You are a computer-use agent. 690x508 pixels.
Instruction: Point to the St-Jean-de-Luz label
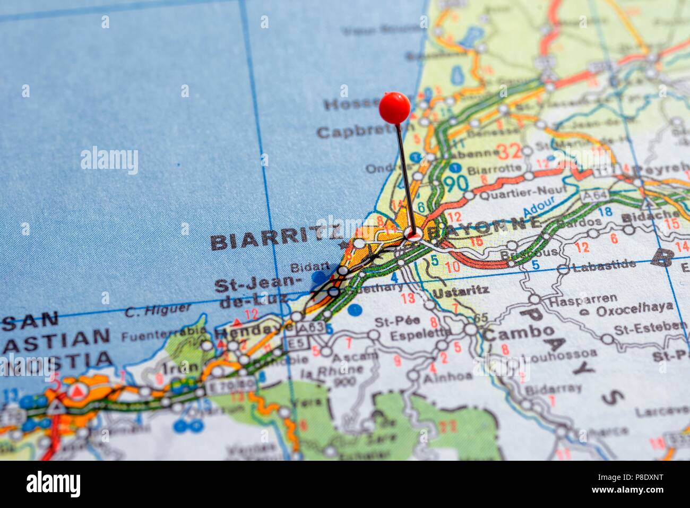258,292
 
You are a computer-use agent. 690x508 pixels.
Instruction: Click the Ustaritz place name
461,291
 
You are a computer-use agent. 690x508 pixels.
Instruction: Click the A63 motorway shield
311,328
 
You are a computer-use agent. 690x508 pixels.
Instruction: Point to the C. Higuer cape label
158,310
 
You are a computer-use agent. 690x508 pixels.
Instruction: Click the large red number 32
509,151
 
